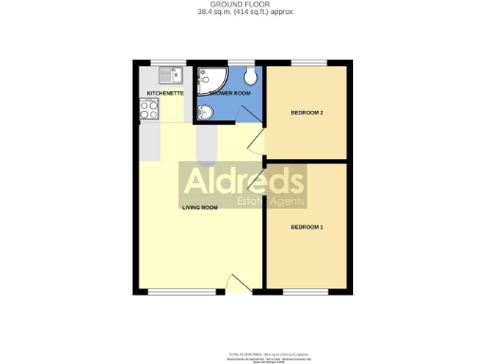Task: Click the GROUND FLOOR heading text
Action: [242, 5]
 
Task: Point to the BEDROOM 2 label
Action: [307, 113]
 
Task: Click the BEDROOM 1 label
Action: [307, 227]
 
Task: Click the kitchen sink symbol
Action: [171, 75]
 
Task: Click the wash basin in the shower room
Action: [205, 114]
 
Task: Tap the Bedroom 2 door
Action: [254, 142]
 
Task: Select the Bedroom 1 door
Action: [254, 180]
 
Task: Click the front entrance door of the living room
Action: [237, 282]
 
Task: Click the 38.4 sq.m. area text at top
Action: [242, 13]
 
